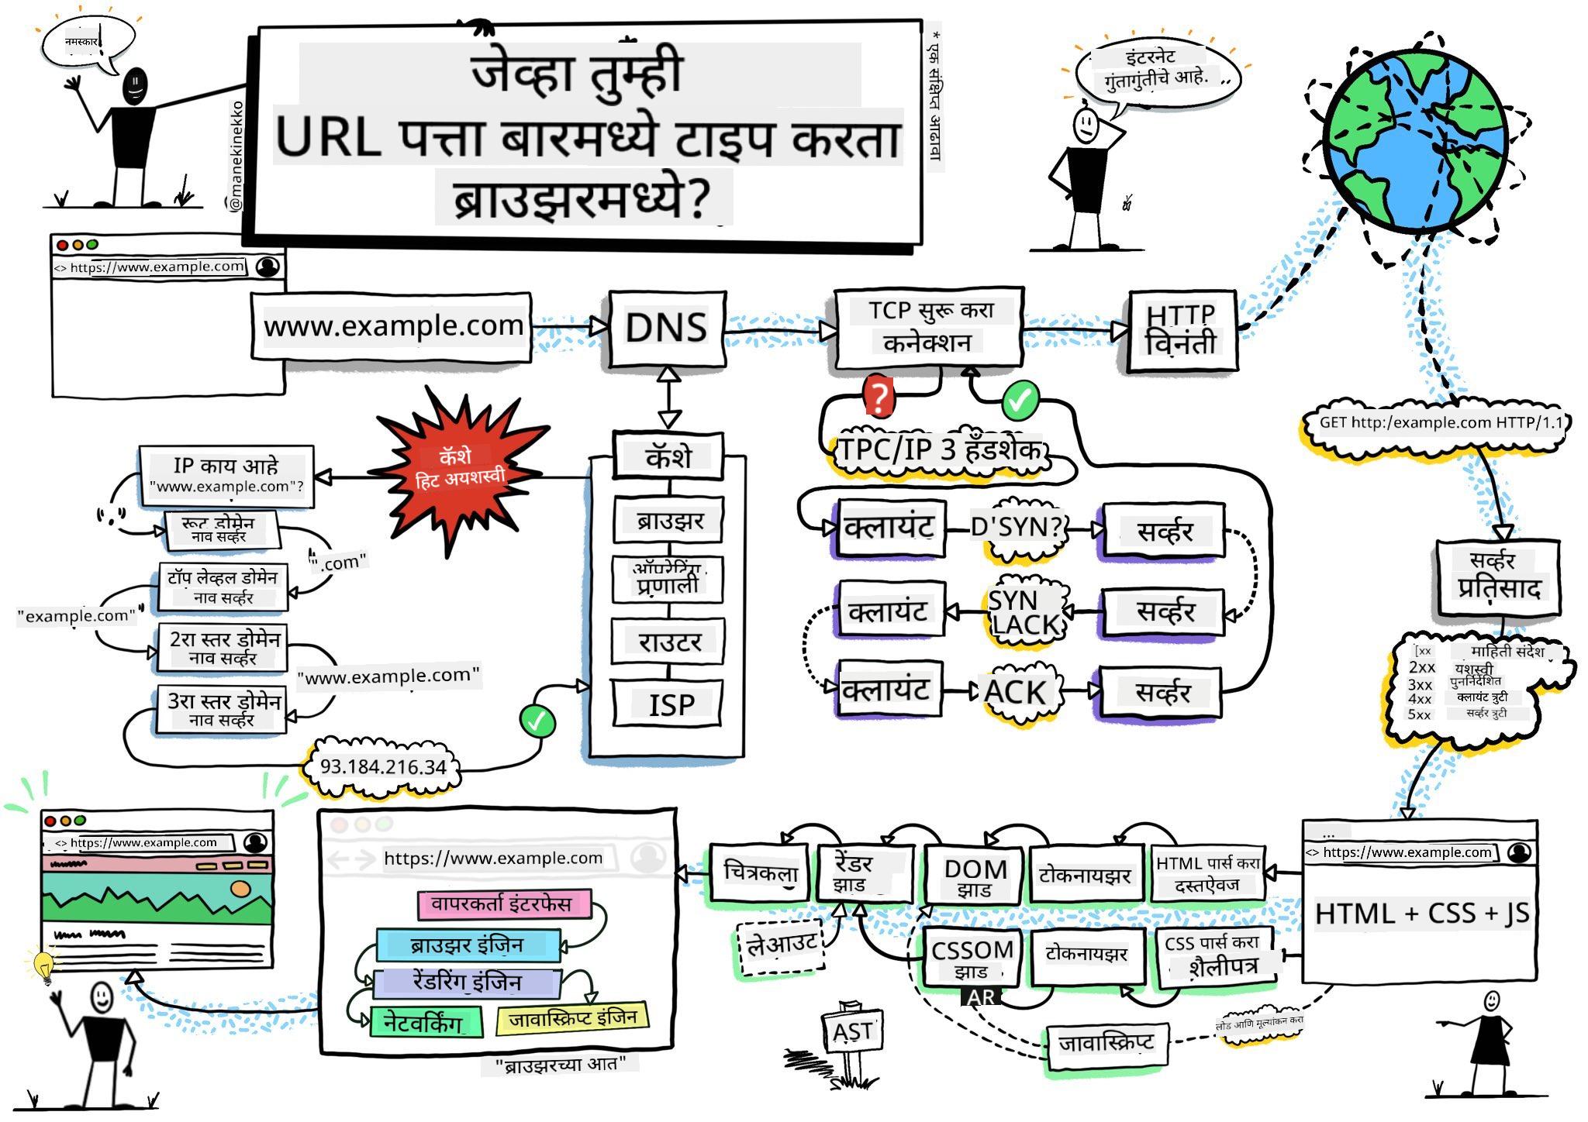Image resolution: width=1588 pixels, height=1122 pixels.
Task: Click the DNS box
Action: coord(667,329)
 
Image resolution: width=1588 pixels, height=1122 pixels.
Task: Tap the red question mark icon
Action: coord(879,398)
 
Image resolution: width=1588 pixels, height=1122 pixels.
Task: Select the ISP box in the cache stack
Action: coord(668,704)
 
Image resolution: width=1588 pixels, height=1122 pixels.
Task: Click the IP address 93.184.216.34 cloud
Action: coord(383,767)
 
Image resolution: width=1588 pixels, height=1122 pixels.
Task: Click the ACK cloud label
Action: coord(1015,691)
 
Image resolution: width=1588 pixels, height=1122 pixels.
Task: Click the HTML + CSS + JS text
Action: coord(1421,913)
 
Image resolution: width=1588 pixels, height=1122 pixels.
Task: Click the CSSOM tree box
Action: coord(972,957)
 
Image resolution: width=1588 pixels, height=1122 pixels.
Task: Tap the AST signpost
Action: coord(852,1032)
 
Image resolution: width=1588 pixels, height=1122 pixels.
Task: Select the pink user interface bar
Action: coord(502,903)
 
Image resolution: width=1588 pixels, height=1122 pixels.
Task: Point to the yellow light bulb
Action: coord(43,965)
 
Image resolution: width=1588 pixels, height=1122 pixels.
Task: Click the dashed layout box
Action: coord(780,945)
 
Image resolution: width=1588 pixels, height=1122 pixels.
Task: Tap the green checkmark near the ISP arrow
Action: coord(537,721)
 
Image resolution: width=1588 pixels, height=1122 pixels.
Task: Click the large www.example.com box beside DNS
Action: coord(392,326)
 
